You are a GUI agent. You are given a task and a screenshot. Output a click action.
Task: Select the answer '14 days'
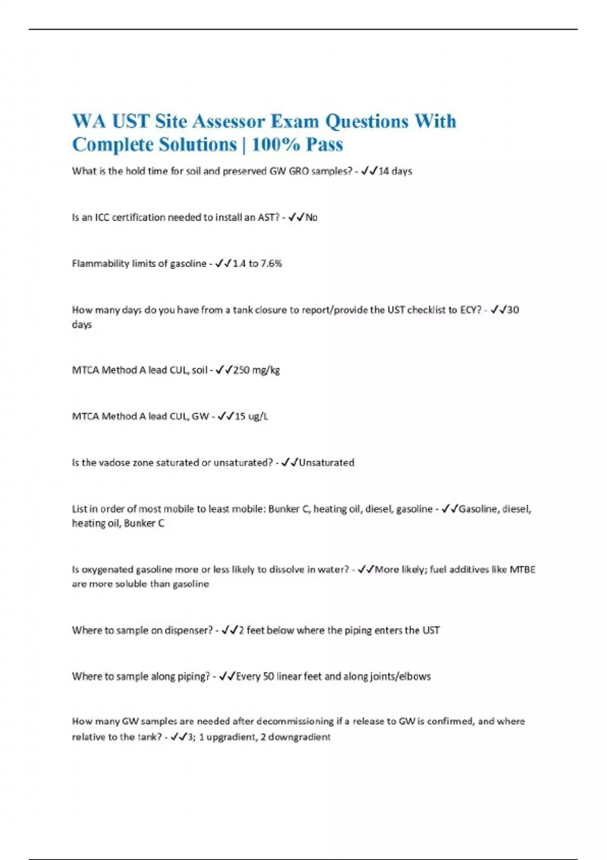click(395, 171)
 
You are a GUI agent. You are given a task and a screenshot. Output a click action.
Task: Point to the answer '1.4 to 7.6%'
click(257, 264)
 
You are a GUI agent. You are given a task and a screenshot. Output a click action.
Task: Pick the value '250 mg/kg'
click(256, 370)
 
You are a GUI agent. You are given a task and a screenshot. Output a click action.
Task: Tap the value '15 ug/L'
click(251, 416)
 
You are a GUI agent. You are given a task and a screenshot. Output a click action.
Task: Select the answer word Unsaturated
click(326, 462)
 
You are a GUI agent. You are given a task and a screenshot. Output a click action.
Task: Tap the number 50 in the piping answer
click(269, 676)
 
